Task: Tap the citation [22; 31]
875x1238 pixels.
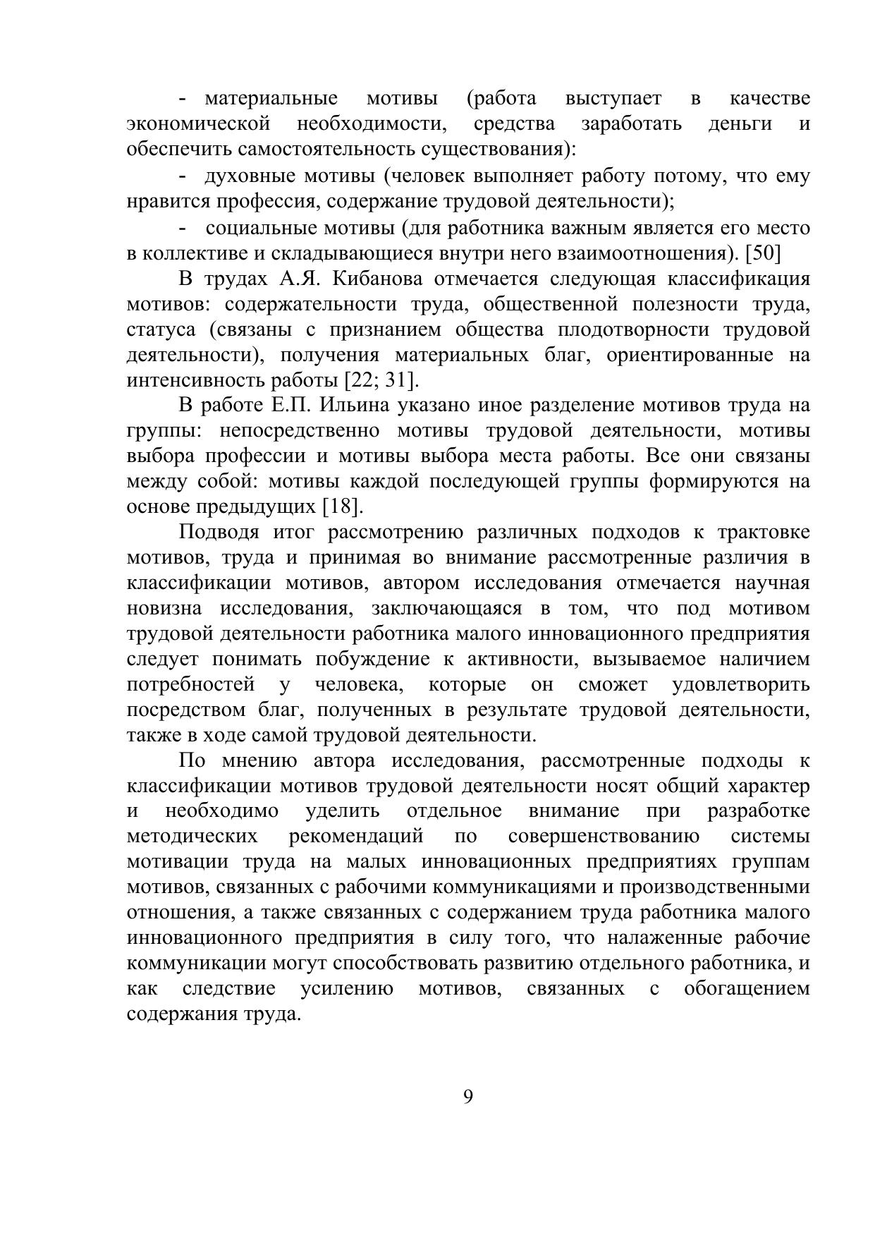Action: (x=381, y=380)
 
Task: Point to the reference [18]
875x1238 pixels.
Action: (x=342, y=506)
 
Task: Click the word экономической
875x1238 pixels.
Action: (x=198, y=124)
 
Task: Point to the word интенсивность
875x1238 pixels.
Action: (x=195, y=380)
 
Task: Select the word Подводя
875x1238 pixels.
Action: (x=216, y=532)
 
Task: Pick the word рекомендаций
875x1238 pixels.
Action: (x=356, y=837)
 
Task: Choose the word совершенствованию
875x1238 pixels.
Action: (x=604, y=837)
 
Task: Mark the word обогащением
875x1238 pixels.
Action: (x=747, y=989)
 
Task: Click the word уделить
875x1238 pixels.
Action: (x=343, y=811)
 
